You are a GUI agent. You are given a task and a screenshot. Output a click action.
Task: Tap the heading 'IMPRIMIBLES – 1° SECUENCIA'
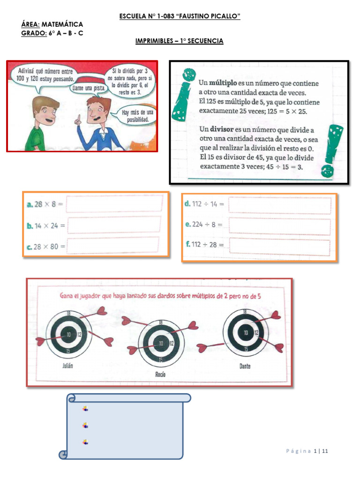tap(180, 41)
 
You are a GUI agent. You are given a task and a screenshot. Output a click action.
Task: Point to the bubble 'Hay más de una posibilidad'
tap(137, 116)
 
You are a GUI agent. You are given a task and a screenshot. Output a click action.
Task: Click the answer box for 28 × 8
tap(115, 204)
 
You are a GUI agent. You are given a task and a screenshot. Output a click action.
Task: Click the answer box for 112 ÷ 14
tap(279, 205)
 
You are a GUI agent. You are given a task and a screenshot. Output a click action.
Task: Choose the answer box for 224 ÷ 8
tap(279, 225)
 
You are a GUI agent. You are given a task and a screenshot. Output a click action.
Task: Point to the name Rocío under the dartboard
tap(160, 374)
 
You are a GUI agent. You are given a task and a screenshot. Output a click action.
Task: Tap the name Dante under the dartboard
tap(244, 366)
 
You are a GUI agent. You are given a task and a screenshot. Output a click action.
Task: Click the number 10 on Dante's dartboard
tap(245, 332)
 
